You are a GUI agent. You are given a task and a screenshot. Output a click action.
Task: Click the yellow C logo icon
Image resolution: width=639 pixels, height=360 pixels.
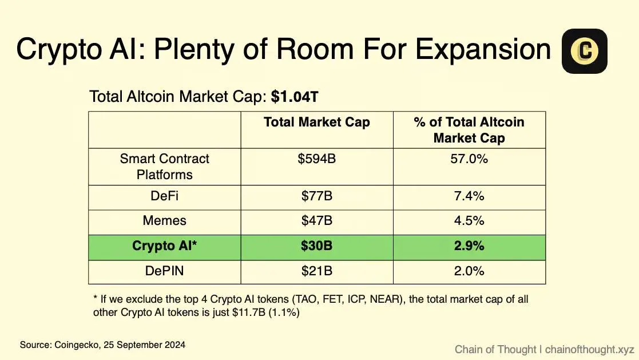click(584, 51)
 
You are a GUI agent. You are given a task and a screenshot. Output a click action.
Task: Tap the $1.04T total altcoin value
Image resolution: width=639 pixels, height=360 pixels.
click(294, 97)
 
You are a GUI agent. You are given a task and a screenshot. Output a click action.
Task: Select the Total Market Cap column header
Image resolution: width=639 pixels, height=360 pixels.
click(316, 122)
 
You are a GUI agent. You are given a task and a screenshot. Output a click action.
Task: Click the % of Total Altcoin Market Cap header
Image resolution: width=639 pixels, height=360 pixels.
click(469, 130)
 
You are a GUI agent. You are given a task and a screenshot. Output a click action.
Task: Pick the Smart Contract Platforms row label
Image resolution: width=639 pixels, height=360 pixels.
click(164, 167)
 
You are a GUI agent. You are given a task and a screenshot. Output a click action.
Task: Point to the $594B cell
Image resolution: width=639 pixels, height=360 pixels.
click(316, 159)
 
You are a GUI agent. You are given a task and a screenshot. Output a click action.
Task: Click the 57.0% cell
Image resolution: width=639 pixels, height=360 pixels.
click(469, 159)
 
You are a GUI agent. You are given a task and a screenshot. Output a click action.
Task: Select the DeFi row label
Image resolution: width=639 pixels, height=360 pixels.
click(164, 196)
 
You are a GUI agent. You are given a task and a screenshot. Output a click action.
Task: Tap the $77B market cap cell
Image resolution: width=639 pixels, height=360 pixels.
click(316, 196)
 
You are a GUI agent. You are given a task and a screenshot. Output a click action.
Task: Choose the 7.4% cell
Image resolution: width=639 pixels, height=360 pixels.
click(469, 196)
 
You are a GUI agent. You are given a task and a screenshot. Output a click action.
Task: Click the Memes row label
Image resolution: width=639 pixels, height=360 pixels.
click(164, 221)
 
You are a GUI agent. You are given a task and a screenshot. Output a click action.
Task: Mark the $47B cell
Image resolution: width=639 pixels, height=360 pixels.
click(316, 221)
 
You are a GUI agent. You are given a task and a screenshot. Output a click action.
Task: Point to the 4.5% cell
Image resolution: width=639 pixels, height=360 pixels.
click(469, 221)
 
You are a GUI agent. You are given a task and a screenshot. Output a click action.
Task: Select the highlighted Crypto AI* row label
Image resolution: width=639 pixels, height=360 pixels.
click(164, 246)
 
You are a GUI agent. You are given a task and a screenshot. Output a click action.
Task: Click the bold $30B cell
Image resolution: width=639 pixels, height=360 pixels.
click(316, 246)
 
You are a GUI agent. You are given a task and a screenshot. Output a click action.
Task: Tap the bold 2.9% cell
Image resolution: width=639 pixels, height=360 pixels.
click(469, 246)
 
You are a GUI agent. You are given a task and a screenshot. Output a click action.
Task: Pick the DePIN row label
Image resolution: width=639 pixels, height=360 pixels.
click(164, 271)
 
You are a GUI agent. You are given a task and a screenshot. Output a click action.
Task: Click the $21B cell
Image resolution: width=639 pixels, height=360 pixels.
click(316, 271)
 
